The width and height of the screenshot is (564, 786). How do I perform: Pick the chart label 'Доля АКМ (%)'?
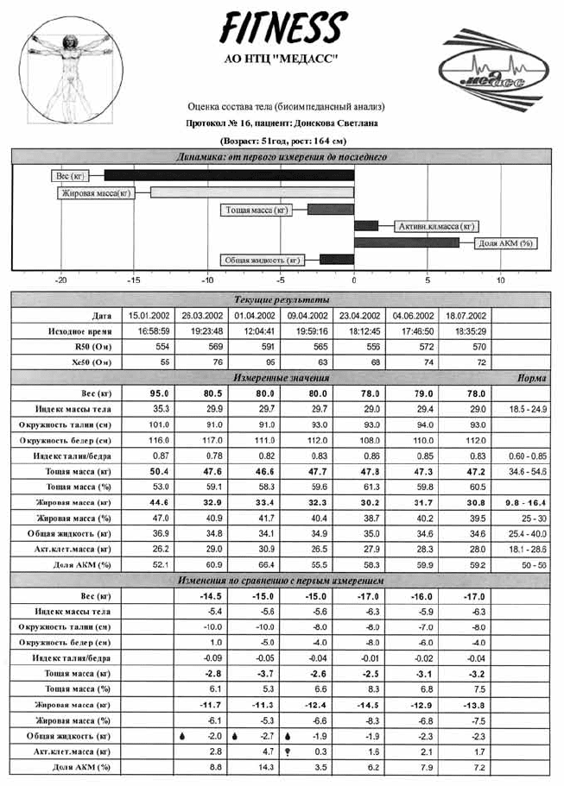click(x=505, y=243)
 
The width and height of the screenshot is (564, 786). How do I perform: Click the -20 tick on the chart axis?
click(x=60, y=280)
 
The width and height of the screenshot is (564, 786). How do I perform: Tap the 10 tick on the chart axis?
click(x=501, y=280)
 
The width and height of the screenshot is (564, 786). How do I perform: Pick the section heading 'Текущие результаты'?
click(x=281, y=299)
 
